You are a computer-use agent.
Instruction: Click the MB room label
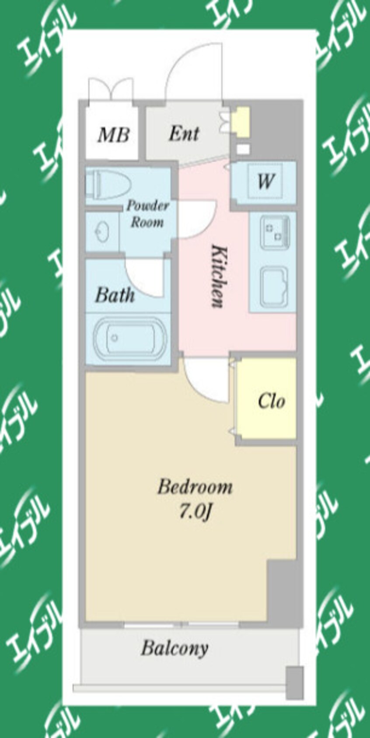coord(113,135)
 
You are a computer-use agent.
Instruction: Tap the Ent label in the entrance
coord(184,133)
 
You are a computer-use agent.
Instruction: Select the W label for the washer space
coord(266,181)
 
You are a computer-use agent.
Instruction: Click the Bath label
coord(115,295)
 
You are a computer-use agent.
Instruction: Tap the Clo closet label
coord(272,402)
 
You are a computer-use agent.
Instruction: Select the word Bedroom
coord(195,487)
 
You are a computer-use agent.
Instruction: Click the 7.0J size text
coord(195,513)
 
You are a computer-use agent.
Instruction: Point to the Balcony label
coord(175,648)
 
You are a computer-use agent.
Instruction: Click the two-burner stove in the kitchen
coord(275,232)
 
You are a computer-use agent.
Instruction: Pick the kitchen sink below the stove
coord(274,286)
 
